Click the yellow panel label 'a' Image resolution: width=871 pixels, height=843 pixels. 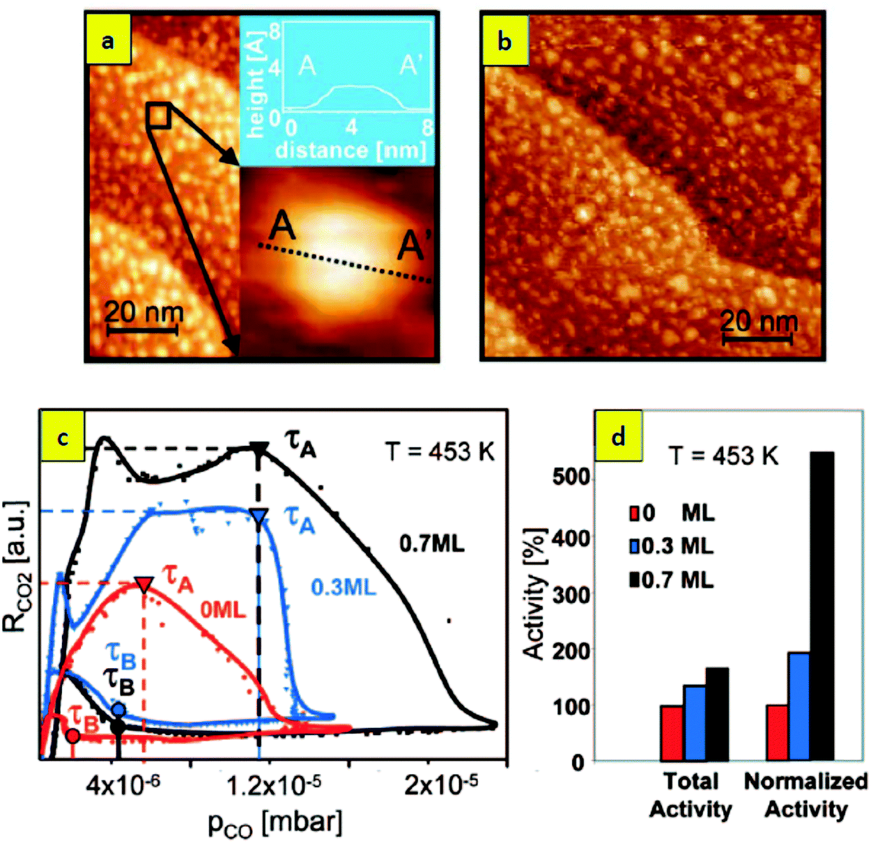coord(108,41)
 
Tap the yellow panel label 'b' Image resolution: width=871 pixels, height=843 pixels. coord(504,41)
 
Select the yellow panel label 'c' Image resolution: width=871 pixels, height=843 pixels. coord(63,438)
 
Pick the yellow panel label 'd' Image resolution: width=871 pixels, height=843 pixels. coord(618,438)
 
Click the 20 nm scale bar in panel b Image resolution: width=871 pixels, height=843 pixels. coord(757,339)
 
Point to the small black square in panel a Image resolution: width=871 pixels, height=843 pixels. coord(158,116)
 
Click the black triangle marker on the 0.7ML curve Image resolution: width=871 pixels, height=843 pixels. coord(259,449)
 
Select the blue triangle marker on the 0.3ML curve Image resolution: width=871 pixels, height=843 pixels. coord(259,516)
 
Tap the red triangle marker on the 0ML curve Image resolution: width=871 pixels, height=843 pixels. coord(144,584)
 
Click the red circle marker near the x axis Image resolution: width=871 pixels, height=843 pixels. coord(72,735)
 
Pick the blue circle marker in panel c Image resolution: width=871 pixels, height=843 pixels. coord(118,710)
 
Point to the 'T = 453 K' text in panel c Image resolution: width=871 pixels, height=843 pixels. coord(440,452)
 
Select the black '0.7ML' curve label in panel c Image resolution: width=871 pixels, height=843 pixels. coord(432,543)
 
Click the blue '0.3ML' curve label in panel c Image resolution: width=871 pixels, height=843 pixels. coord(343,587)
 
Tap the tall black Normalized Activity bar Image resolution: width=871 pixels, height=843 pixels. coord(822,606)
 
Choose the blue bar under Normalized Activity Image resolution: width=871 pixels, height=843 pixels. coord(799,706)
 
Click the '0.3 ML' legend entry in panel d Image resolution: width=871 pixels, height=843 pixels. coord(672,546)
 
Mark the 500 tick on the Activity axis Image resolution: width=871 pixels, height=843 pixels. coord(571,477)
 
